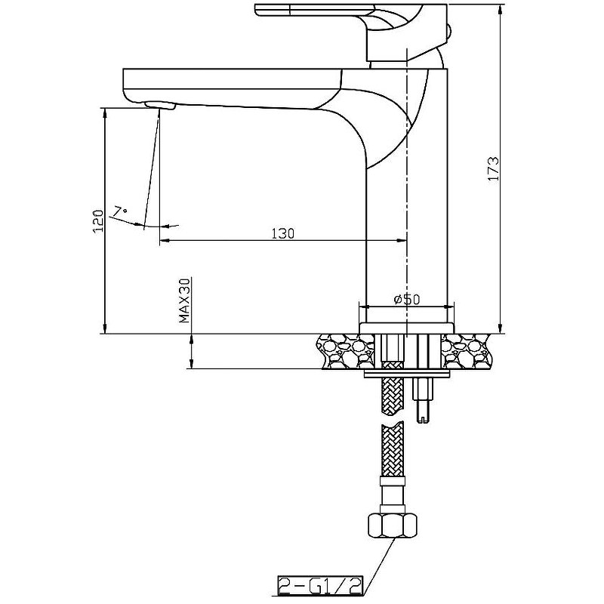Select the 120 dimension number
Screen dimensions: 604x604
(x=97, y=221)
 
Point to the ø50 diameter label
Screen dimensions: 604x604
(x=407, y=300)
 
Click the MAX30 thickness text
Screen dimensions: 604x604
(x=183, y=300)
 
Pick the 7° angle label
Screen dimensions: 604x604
(x=120, y=211)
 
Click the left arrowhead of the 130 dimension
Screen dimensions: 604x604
(x=164, y=241)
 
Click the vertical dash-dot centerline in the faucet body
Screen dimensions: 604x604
(x=407, y=189)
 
